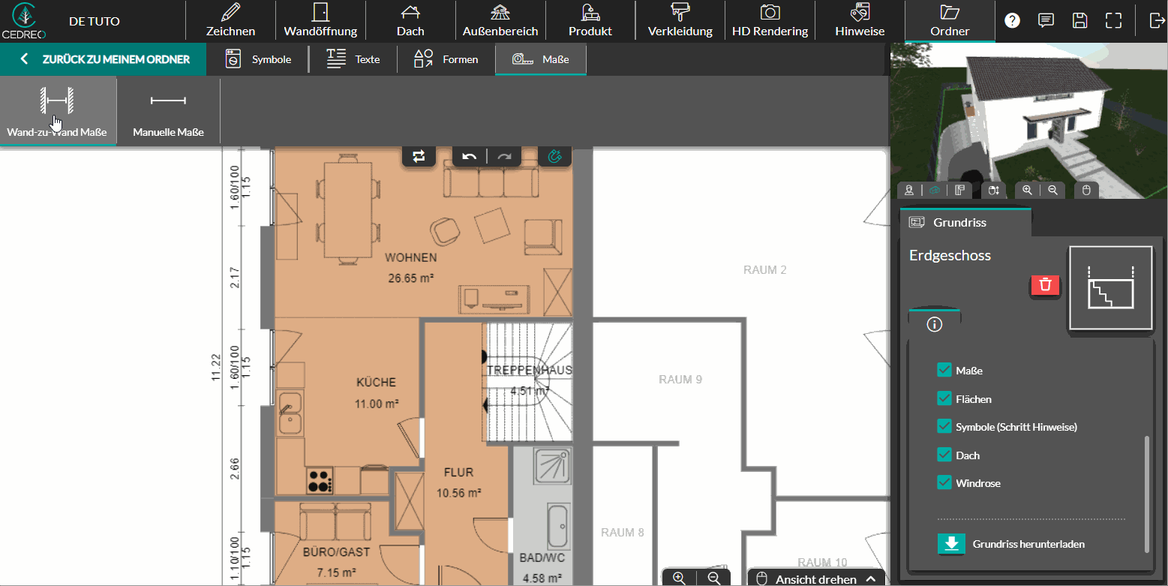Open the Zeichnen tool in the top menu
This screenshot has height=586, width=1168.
(230, 21)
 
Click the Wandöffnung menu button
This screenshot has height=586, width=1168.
(320, 21)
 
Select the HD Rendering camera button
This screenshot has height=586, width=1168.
(770, 21)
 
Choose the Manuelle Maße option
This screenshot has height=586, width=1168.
(168, 112)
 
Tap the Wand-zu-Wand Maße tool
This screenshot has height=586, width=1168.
(57, 112)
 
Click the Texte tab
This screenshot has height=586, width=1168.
(353, 59)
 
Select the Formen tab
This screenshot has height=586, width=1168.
(446, 59)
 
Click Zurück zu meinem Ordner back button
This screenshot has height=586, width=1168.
(104, 59)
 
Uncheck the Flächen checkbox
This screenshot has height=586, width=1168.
(944, 399)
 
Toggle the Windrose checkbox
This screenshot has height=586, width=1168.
(944, 482)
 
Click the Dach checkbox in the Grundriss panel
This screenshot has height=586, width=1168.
(944, 455)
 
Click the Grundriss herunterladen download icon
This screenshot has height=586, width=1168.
(951, 544)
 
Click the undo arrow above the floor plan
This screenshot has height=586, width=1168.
(469, 156)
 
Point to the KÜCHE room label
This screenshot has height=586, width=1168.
(376, 383)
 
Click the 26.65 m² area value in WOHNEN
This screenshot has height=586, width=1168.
(411, 278)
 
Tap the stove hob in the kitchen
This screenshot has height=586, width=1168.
(320, 481)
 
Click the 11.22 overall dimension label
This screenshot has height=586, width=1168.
(216, 368)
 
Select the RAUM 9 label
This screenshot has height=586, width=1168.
(680, 380)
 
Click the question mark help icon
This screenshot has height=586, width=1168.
(1012, 21)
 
